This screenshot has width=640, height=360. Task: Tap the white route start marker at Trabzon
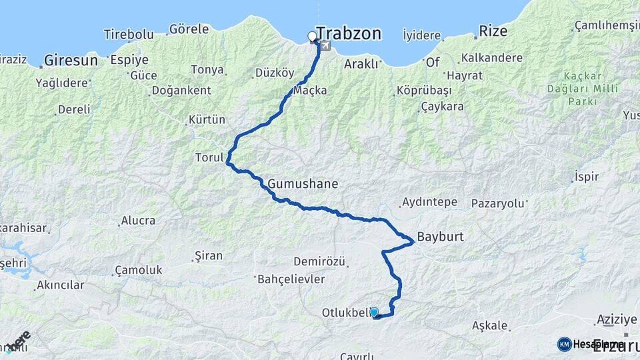tap(312, 37)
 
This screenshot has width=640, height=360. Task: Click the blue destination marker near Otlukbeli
tap(374, 312)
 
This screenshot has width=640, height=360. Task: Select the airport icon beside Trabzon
tap(325, 45)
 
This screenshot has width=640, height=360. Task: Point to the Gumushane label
tap(303, 183)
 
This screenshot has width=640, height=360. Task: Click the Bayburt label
tap(440, 237)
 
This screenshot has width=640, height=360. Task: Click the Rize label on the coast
tap(493, 31)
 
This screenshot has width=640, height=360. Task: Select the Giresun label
tap(71, 61)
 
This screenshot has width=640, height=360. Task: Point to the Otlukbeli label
tap(345, 313)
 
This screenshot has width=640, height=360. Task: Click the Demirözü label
tap(319, 262)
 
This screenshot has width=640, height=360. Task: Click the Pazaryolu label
tap(498, 203)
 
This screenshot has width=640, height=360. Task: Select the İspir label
tap(586, 177)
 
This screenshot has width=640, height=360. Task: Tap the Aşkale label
tap(490, 326)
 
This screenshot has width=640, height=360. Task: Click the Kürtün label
tap(207, 120)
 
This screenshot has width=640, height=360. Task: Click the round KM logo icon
tap(565, 344)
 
